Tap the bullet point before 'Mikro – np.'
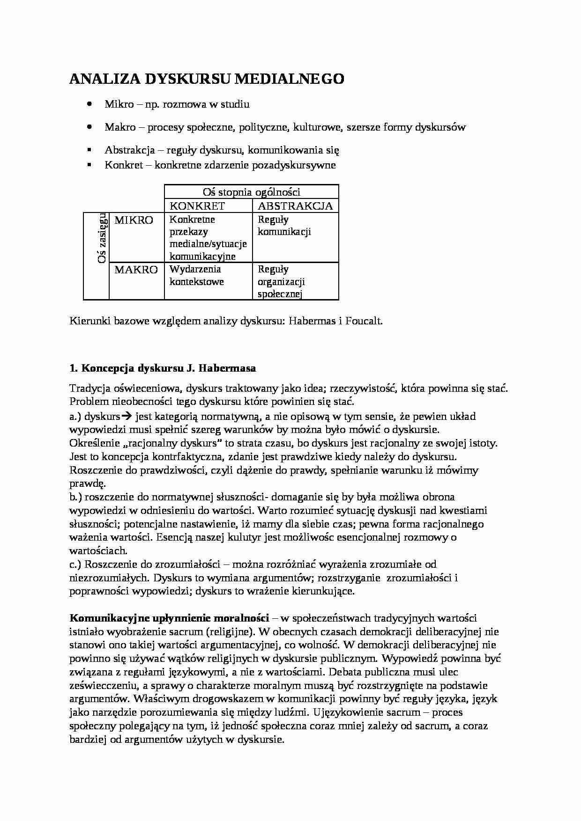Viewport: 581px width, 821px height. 89,103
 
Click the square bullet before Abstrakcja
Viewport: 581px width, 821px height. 89,150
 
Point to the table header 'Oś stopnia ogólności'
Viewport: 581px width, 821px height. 251,192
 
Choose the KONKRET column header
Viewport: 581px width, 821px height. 197,206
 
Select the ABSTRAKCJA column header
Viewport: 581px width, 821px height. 295,206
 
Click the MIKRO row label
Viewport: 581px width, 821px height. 134,220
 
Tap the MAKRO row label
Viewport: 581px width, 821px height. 136,270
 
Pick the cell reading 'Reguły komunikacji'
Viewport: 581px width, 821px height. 284,226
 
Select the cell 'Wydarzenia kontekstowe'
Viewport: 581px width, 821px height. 196,275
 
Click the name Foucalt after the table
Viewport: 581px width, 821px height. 363,321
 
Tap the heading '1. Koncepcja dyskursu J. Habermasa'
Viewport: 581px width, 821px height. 163,368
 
